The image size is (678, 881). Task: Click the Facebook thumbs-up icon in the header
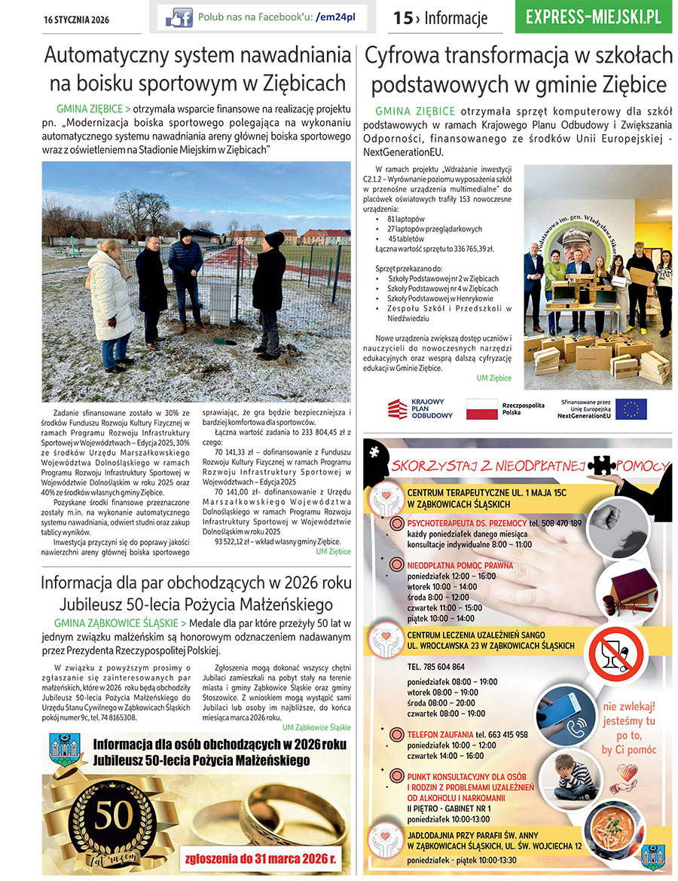pyautogui.click(x=179, y=17)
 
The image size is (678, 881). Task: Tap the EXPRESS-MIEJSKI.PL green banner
pyautogui.click(x=594, y=17)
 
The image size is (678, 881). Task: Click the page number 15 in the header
pyautogui.click(x=403, y=17)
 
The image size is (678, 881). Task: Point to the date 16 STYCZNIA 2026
pyautogui.click(x=77, y=20)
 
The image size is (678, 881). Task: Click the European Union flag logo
pyautogui.click(x=631, y=409)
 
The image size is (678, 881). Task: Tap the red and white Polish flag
pyautogui.click(x=481, y=409)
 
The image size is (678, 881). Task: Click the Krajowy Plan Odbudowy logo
pyautogui.click(x=420, y=409)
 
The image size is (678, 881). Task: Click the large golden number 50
pyautogui.click(x=111, y=813)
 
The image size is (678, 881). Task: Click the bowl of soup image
pyautogui.click(x=620, y=831)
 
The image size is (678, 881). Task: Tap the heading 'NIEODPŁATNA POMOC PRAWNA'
pyautogui.click(x=460, y=565)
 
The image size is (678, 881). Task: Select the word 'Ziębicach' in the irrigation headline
pyautogui.click(x=300, y=83)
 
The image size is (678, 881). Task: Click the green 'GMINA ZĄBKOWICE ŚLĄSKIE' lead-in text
pyautogui.click(x=116, y=623)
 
